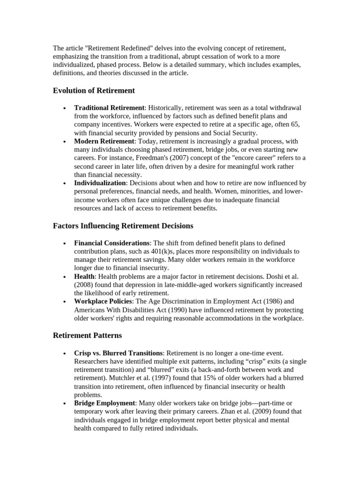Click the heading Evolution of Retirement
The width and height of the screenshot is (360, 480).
(94, 90)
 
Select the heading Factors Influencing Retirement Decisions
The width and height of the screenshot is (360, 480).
(123, 226)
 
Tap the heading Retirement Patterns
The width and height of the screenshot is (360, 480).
(87, 336)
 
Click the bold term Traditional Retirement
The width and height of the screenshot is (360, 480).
(109, 108)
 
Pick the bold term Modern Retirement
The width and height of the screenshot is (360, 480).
(104, 141)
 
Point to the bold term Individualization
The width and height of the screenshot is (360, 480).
(100, 183)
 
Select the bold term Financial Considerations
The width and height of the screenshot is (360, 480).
(112, 243)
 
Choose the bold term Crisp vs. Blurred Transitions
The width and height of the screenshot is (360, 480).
(118, 352)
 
